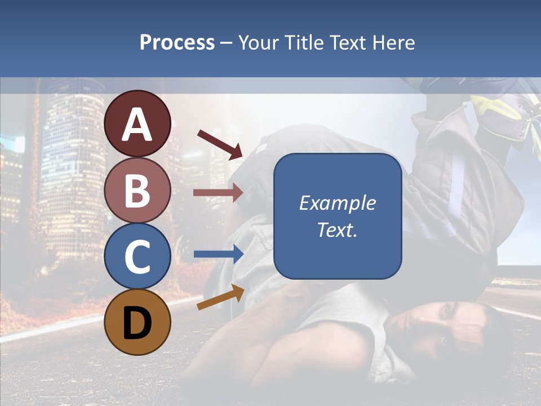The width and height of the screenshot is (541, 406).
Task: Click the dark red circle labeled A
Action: (x=138, y=123)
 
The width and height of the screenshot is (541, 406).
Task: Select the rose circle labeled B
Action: (x=138, y=189)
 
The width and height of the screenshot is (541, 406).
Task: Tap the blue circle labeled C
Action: (x=138, y=256)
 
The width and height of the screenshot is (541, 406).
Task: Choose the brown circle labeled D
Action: (x=138, y=322)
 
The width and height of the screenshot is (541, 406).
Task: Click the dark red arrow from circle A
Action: (x=219, y=144)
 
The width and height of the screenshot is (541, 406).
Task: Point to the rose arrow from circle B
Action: (x=218, y=192)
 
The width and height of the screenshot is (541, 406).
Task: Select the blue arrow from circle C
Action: (x=218, y=254)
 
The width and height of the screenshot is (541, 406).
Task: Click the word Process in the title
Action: (x=177, y=42)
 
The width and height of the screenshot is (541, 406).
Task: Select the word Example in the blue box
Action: (x=337, y=203)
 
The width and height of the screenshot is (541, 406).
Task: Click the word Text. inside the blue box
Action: (x=337, y=230)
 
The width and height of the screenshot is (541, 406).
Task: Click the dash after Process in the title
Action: (x=227, y=43)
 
